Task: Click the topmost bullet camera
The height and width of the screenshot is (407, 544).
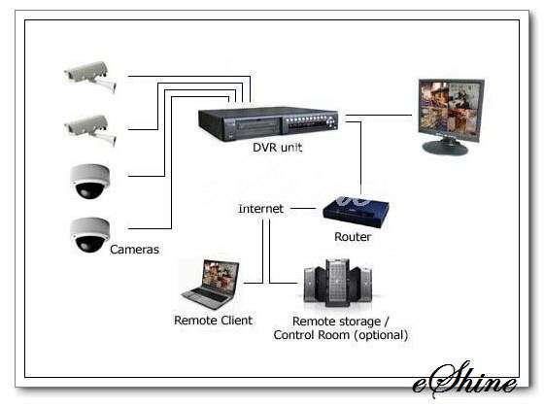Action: tap(90, 77)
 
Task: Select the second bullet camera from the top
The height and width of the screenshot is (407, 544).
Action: tap(90, 130)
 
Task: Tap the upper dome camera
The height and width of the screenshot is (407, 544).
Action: tap(89, 181)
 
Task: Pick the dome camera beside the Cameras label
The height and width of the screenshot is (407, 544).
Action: tap(89, 235)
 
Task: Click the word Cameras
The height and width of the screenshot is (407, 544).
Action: tap(134, 249)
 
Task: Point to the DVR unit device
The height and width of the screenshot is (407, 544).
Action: tap(268, 123)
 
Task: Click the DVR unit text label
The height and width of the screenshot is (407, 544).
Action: tap(277, 148)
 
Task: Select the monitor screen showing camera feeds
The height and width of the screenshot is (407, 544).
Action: tap(451, 107)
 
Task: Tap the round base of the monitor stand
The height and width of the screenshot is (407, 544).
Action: tap(445, 148)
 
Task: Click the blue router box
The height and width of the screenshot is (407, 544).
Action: tap(356, 212)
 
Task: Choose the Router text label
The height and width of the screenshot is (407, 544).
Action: tap(353, 237)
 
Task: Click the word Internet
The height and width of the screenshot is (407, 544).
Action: tap(261, 209)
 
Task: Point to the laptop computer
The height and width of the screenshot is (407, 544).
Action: tap(211, 285)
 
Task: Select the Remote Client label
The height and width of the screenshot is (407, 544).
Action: tap(213, 320)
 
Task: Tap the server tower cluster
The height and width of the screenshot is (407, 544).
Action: tap(338, 283)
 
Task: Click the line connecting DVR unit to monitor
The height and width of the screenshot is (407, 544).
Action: tap(379, 115)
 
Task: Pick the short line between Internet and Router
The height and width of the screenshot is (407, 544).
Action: tap(303, 208)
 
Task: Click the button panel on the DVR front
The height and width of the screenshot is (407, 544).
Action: tap(310, 124)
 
